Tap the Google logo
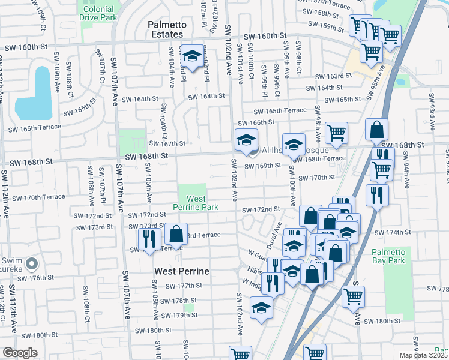[20, 353]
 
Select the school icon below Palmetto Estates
[192, 56]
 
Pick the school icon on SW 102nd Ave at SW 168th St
[246, 140]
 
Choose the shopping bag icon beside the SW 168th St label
[376, 130]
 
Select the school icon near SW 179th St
[261, 308]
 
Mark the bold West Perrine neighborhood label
[182, 271]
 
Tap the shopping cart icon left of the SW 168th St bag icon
[336, 132]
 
